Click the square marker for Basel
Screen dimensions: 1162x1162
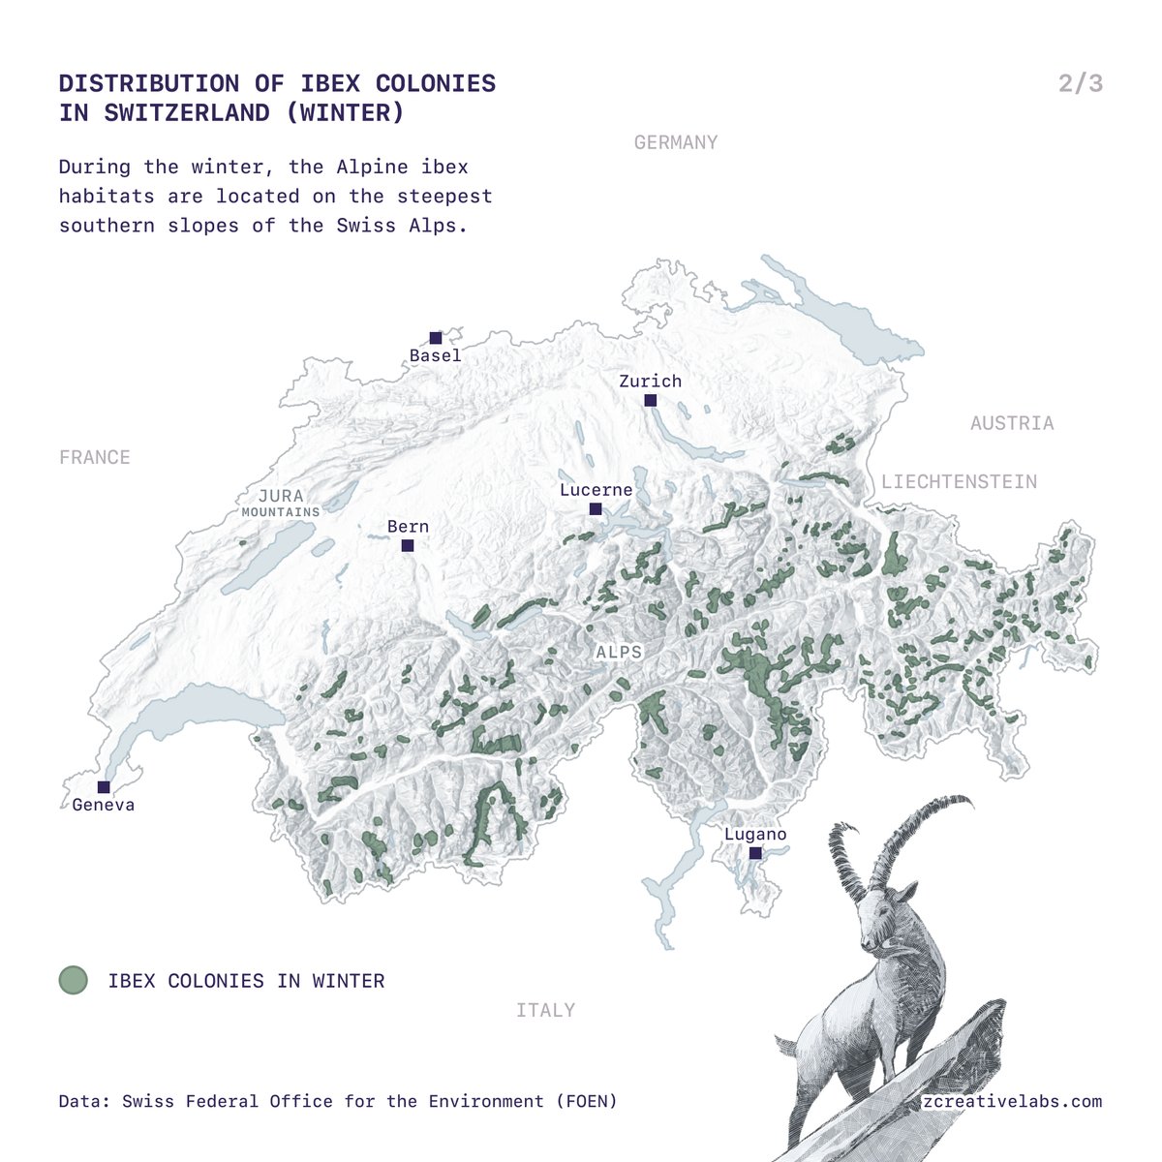tap(436, 338)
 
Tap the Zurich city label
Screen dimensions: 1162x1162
tap(650, 382)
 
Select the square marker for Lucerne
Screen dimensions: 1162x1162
tap(596, 508)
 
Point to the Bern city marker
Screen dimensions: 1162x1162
tap(408, 546)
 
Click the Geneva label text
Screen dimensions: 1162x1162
tap(104, 805)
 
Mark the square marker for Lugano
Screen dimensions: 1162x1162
tap(755, 853)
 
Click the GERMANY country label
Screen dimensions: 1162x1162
tap(676, 142)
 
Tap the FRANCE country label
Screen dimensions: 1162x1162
tap(94, 457)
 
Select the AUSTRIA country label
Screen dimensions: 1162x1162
tap(1012, 423)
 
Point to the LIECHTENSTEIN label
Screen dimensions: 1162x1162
tap(959, 481)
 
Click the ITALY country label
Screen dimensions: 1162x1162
tap(545, 1010)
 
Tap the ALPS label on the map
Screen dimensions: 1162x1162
tap(619, 653)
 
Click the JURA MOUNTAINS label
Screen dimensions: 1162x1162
tap(281, 503)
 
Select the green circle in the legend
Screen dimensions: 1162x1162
tap(74, 980)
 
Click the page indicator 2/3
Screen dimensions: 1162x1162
tap(1081, 83)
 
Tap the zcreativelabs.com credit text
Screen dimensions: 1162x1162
tap(1013, 1101)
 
